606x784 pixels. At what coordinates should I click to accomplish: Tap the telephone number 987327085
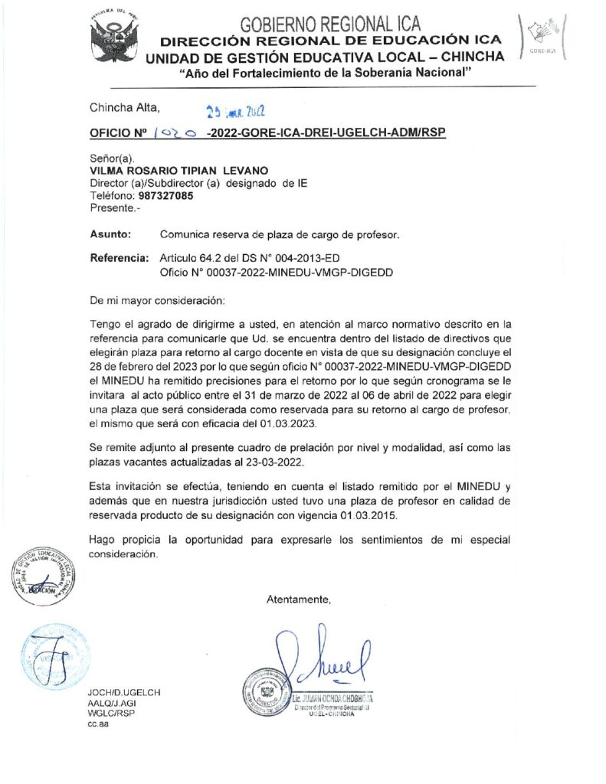pos(166,195)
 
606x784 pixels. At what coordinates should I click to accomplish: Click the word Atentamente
pos(299,599)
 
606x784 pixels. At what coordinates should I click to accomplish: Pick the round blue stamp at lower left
pos(52,656)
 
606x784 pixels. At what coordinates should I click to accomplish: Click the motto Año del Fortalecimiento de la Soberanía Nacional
pos(325,73)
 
